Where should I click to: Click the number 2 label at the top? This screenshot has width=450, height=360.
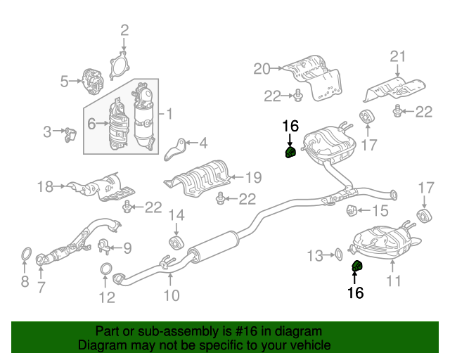pos(124,30)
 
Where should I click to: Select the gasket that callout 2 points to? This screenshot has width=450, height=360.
pos(111,65)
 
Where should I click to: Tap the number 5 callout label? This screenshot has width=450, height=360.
pos(64,82)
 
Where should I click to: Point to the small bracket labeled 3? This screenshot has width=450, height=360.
pos(70,135)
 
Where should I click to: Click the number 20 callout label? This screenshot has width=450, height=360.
pos(262,69)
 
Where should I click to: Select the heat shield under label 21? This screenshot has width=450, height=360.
pos(394,89)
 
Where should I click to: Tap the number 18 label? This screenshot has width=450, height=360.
pos(45,186)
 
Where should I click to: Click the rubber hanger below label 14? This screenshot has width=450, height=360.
pos(176,244)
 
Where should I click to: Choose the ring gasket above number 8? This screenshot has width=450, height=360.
pos(27,255)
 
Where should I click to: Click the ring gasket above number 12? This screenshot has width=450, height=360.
pos(106,269)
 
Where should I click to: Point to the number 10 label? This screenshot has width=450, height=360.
pos(172,295)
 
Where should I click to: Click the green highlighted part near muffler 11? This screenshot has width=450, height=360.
pos(357,266)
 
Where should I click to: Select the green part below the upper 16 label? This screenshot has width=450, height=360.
pos(290,152)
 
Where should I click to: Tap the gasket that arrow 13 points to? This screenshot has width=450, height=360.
pos(338,254)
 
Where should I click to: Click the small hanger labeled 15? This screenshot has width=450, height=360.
pos(352,210)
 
